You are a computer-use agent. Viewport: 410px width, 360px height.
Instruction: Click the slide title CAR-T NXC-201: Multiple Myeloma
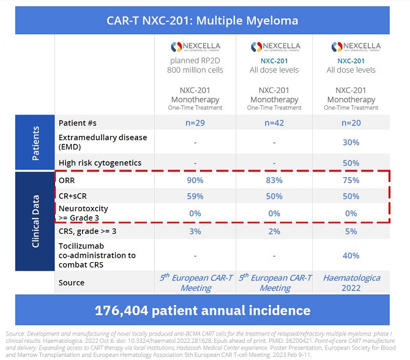(201, 20)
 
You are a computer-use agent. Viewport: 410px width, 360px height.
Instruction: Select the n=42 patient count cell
(274, 122)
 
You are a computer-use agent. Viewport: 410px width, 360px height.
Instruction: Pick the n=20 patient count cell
(351, 122)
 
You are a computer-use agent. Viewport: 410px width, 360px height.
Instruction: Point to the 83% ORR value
(274, 181)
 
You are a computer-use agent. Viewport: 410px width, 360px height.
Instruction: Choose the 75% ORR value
(351, 181)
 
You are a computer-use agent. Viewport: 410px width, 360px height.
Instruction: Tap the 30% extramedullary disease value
(351, 142)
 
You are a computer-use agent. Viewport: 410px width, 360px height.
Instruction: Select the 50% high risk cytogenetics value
(351, 163)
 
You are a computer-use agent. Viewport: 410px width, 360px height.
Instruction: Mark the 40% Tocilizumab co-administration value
(351, 255)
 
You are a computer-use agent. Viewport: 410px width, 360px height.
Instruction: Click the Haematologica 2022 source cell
(351, 282)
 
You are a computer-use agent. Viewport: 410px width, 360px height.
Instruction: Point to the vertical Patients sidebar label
(35, 143)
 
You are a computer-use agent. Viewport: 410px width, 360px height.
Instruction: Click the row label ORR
(67, 181)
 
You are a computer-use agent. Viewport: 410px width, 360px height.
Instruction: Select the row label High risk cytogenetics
(100, 163)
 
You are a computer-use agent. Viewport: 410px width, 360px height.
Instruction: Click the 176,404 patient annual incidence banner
(201, 310)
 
